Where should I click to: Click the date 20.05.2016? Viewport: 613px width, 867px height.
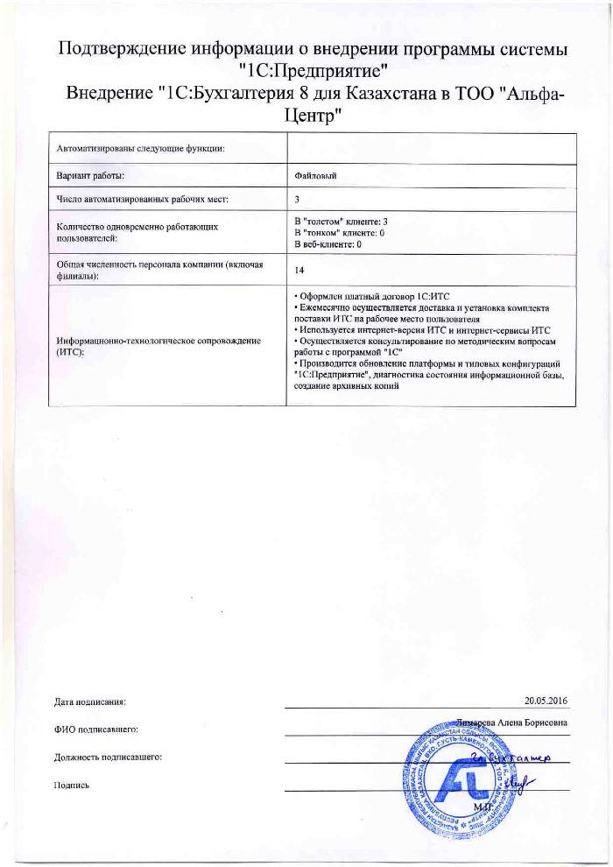(546, 701)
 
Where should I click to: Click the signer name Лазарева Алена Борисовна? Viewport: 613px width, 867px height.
(513, 723)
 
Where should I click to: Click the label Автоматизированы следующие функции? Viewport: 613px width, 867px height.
(140, 147)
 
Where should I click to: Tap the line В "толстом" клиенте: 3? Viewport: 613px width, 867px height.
(340, 222)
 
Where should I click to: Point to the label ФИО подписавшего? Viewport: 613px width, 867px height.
(96, 728)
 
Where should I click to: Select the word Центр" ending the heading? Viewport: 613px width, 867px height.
(306, 115)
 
